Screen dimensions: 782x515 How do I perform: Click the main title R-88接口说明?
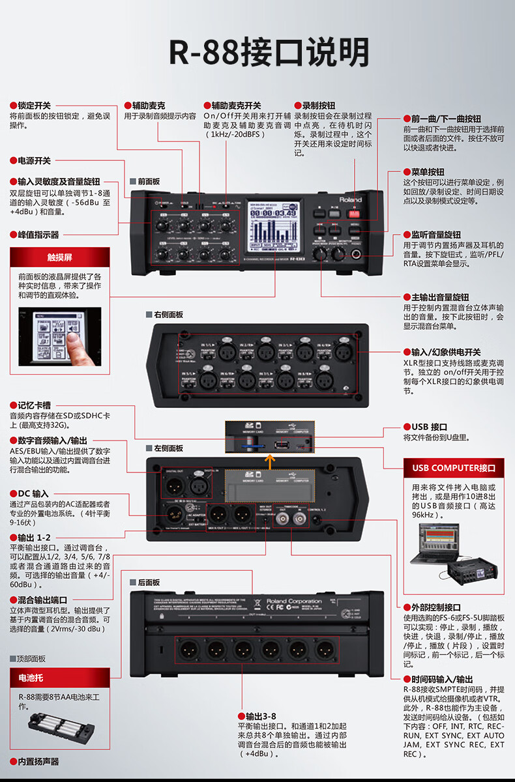point(269,52)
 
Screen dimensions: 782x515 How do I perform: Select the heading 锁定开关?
point(34,105)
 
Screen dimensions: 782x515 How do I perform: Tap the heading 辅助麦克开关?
point(235,105)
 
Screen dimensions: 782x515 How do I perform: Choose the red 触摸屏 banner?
point(59,257)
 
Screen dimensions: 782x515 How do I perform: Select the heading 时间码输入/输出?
point(437,678)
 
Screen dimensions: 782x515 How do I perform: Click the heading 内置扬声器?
point(38,761)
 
